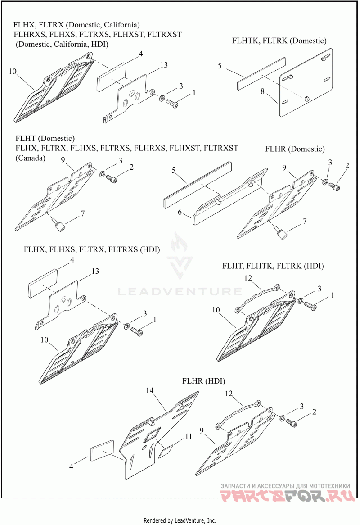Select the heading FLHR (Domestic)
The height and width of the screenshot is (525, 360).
pos(295,149)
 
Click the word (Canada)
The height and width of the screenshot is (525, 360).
pos(30,158)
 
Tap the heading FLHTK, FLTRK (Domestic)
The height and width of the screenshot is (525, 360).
pos(279,41)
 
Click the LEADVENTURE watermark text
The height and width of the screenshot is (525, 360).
pos(180,292)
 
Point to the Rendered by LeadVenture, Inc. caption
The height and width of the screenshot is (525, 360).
pos(180,520)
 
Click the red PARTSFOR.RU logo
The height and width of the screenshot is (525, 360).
pos(285,497)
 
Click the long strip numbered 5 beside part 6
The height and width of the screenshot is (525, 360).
pos(195,186)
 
